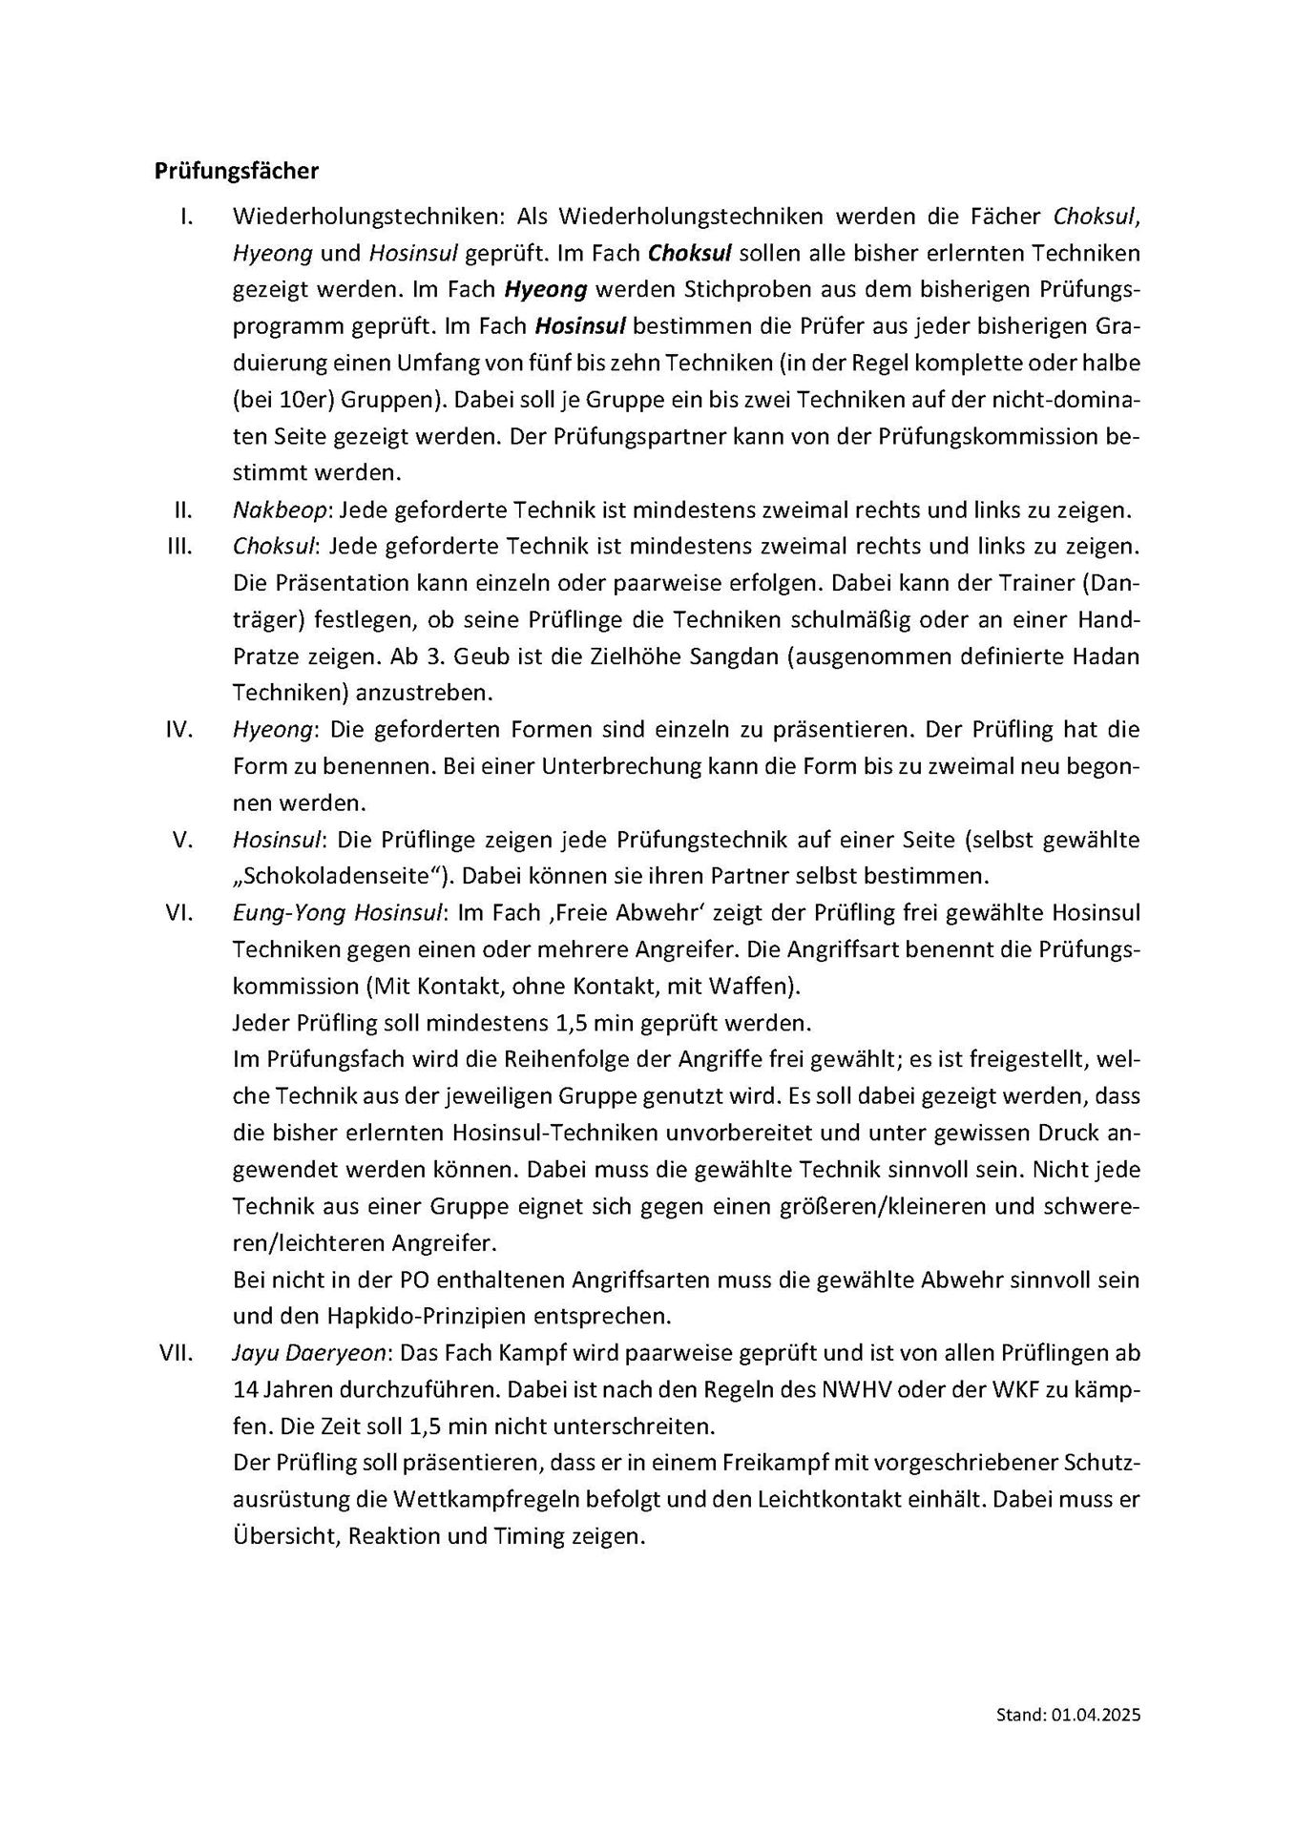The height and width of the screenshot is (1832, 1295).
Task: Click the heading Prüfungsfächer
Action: point(236,172)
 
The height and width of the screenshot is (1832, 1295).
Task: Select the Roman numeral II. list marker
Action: point(182,510)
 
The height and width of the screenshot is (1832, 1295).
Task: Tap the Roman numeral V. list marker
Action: point(184,841)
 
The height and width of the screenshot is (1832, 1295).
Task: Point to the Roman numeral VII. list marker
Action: point(177,1353)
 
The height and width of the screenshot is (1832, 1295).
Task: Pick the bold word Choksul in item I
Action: point(689,253)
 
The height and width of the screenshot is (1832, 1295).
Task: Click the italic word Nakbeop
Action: point(279,510)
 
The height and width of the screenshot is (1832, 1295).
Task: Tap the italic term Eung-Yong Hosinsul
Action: point(338,913)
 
